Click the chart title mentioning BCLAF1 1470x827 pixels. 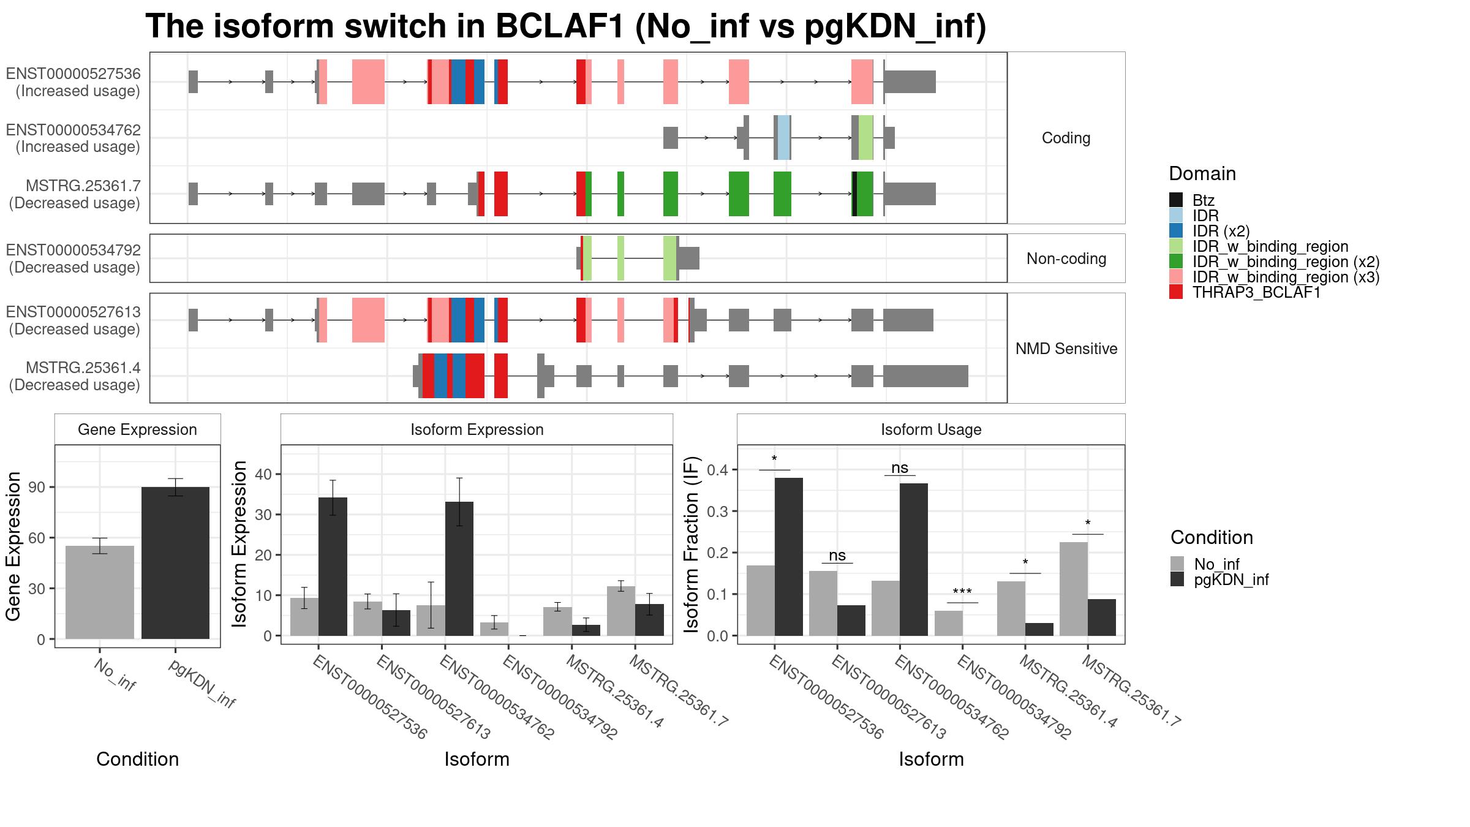pos(565,26)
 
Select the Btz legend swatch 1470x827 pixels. pos(1176,200)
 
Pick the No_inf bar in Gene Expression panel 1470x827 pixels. pos(100,592)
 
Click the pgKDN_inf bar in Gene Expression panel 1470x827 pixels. pos(175,563)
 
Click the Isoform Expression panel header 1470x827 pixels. pos(477,429)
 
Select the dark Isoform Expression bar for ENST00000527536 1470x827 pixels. pos(333,567)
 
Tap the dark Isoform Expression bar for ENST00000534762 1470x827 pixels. pos(459,568)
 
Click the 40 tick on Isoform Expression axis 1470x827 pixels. pos(263,474)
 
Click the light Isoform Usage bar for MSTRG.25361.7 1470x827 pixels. pos(1074,589)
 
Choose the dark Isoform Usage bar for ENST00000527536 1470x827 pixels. pos(789,557)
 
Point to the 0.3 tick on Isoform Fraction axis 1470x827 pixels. pos(718,512)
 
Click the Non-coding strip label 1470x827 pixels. pos(1066,259)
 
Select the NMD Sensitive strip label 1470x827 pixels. pos(1066,349)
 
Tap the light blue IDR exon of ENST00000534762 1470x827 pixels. pos(783,137)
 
